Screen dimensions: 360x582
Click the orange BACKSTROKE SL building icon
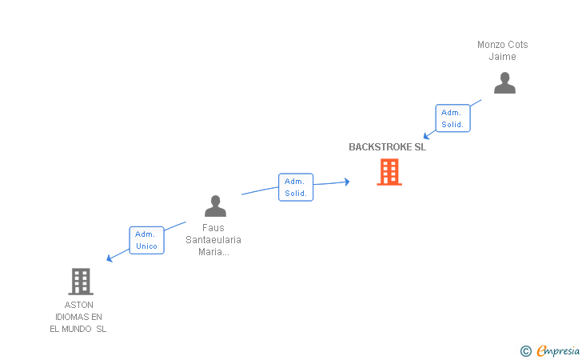389,172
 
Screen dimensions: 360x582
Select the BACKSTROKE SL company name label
387,147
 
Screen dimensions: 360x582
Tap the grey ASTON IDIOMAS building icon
80,282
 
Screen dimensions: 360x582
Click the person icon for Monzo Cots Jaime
504,83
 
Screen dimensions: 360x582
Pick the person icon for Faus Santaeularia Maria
215,206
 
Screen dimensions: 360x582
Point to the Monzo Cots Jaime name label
503,50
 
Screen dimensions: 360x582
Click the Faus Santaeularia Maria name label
213,240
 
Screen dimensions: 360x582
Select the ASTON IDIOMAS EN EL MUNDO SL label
78,317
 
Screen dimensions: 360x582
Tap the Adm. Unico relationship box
146,240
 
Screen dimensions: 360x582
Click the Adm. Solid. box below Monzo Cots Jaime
452,118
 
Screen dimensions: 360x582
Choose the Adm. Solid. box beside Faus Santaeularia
296,187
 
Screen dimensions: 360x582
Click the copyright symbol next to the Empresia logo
525,350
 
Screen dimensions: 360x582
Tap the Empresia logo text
558,350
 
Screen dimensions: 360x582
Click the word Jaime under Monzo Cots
503,57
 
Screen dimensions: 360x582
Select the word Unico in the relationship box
146,246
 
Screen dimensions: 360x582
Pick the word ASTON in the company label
78,305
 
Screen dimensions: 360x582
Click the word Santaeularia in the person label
213,240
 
